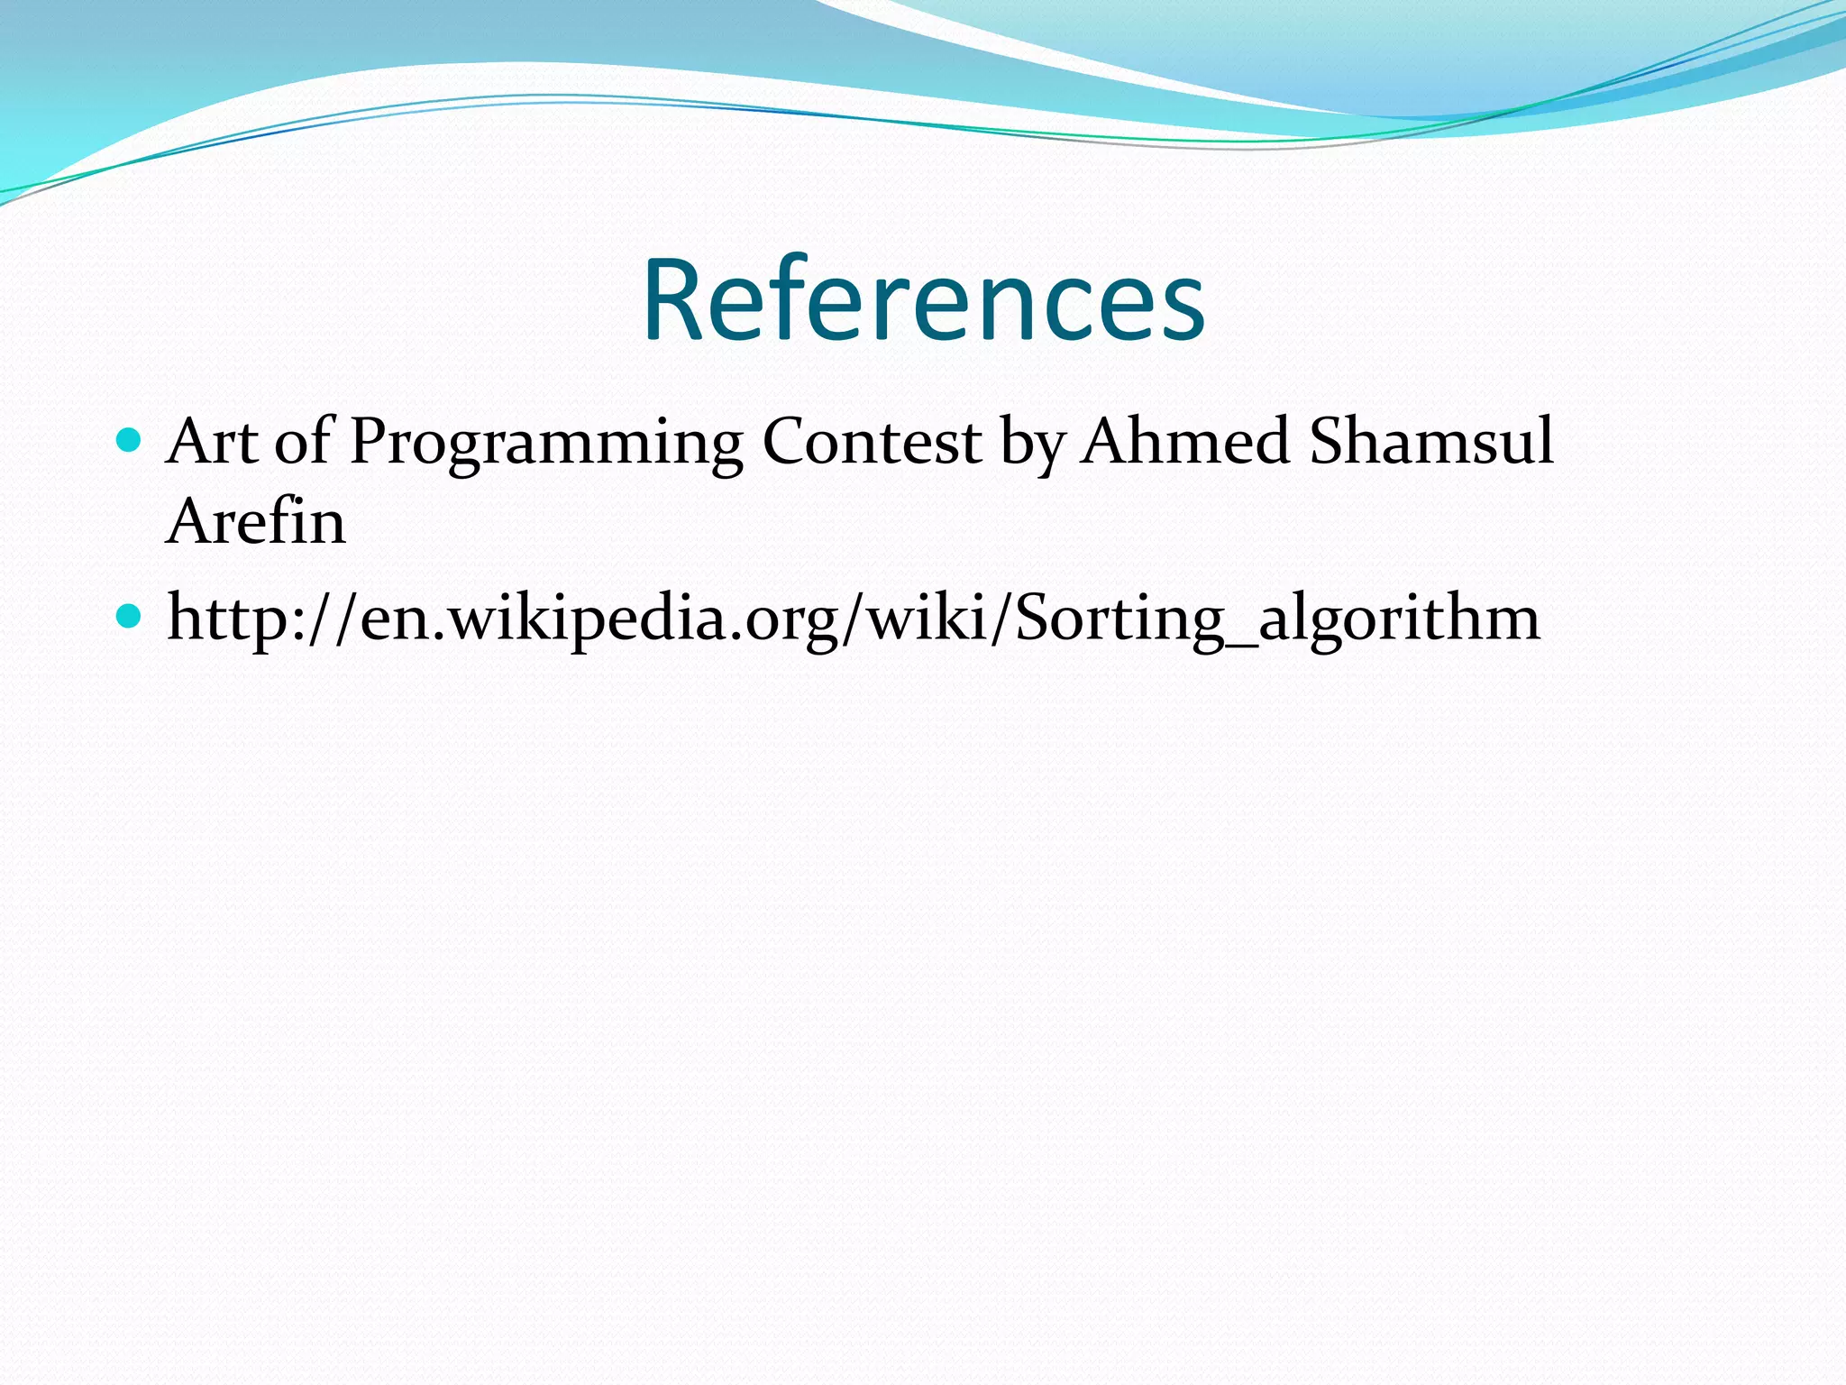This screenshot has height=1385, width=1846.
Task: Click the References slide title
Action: coord(923,300)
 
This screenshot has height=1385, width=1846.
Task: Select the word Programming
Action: coord(546,444)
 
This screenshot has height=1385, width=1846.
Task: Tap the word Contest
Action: coord(872,442)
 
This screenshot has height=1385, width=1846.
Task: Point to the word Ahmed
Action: coord(1185,442)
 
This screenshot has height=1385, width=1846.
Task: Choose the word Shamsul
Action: coord(1431,442)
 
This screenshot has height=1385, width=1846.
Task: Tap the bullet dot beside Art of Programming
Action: coord(130,440)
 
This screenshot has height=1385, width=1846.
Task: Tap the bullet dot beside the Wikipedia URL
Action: coord(130,617)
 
